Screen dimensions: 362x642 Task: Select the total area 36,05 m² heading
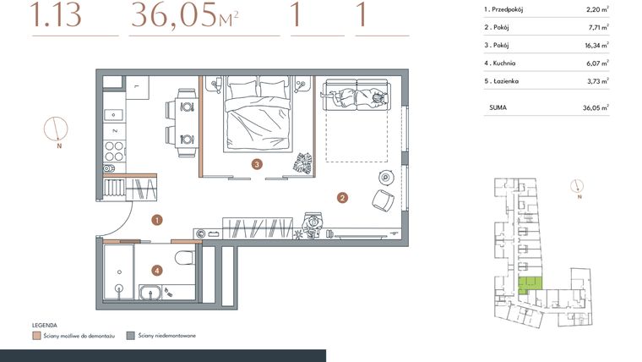point(183,16)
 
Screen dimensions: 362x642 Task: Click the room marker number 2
point(342,199)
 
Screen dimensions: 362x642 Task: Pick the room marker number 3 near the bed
point(256,164)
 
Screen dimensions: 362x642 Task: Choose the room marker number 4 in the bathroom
point(156,271)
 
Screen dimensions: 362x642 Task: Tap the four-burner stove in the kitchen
point(113,150)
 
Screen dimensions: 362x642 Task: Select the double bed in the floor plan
point(257,114)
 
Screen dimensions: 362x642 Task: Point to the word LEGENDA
point(44,325)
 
